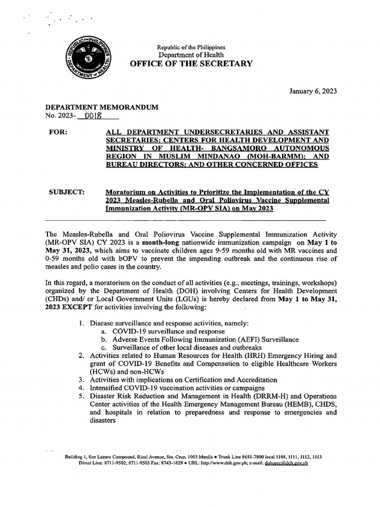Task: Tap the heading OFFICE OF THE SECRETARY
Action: [190, 63]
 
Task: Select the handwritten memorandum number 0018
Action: [93, 116]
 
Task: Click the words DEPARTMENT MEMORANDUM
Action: [102, 107]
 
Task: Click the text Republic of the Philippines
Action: [190, 47]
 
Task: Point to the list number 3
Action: [81, 380]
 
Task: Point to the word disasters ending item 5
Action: [102, 420]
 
